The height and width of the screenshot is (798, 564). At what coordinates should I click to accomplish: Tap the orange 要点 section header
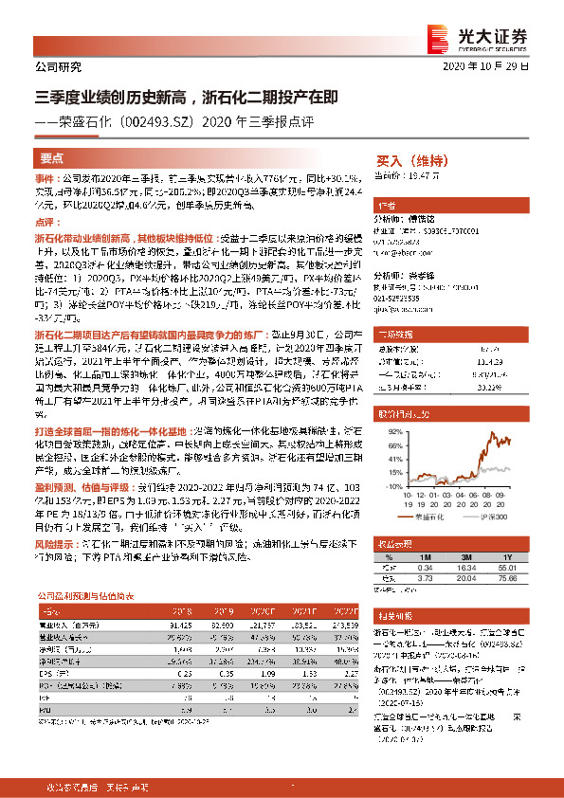52,158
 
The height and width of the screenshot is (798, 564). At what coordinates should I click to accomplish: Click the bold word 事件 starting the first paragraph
45,177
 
